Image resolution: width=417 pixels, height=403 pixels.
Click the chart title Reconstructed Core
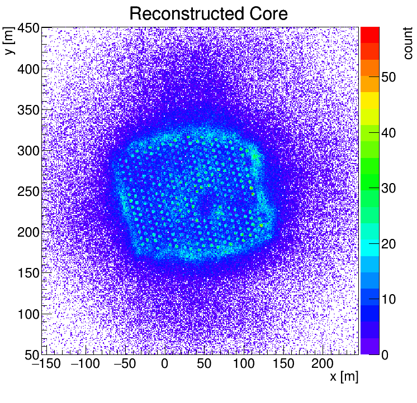(208, 13)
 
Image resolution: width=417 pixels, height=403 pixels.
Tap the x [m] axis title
(343, 377)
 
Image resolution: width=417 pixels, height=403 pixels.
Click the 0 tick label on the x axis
(164, 364)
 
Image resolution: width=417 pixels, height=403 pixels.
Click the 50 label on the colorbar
(389, 77)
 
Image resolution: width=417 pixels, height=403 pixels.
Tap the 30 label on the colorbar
(389, 188)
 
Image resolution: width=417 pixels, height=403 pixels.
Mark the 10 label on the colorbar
(389, 299)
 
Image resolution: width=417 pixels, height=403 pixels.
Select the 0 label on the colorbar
(386, 354)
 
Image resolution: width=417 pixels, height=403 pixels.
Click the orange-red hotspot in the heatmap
(261, 226)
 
